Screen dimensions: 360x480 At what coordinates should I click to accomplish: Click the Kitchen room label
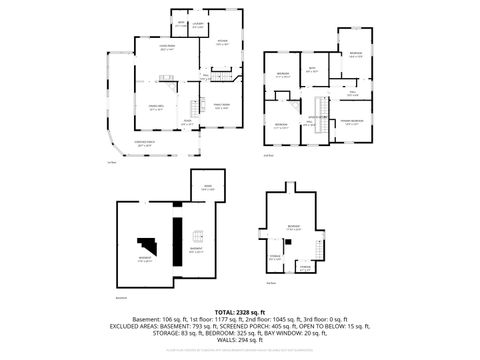[x=223, y=42]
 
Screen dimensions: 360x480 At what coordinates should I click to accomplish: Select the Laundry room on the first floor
[x=198, y=24]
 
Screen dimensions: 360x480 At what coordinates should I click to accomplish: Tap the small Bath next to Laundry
[x=181, y=24]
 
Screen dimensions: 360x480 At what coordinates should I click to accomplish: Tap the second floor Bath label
[x=312, y=69]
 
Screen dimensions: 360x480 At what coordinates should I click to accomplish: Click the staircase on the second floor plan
[x=321, y=108]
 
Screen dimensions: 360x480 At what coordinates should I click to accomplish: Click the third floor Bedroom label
[x=293, y=228]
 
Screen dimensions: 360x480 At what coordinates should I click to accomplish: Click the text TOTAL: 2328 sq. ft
[x=240, y=313]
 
